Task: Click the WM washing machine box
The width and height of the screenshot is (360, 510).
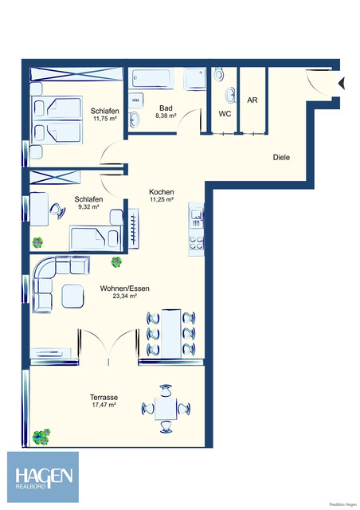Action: (x=135, y=100)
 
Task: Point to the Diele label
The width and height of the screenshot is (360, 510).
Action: (x=281, y=157)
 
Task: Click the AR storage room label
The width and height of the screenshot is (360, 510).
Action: (x=252, y=101)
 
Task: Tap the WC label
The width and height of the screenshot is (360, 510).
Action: (x=225, y=114)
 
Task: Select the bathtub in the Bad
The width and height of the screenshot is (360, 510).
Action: (x=157, y=79)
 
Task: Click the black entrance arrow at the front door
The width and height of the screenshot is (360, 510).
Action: (x=342, y=81)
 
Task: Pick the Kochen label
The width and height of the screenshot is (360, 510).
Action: (x=161, y=192)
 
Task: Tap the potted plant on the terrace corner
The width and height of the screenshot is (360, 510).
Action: (x=41, y=435)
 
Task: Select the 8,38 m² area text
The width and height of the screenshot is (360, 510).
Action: (x=166, y=116)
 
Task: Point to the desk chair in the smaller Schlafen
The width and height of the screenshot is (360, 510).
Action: (x=57, y=211)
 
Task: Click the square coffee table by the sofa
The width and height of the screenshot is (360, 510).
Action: (x=72, y=296)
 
